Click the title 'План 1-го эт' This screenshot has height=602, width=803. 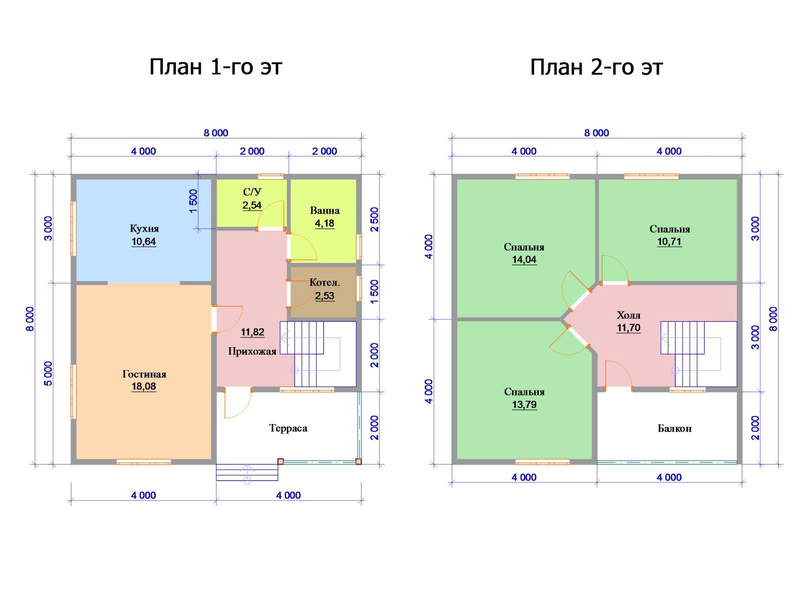pyautogui.click(x=216, y=67)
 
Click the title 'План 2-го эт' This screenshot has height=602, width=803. pyautogui.click(x=596, y=67)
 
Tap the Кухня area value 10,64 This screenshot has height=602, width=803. pyautogui.click(x=144, y=241)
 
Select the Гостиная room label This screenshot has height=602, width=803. pyautogui.click(x=144, y=374)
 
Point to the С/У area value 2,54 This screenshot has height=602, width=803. pyautogui.click(x=252, y=205)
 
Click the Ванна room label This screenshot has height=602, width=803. pyautogui.click(x=325, y=210)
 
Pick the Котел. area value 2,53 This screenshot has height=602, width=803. pyautogui.click(x=325, y=296)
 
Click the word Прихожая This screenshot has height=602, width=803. pyautogui.click(x=252, y=351)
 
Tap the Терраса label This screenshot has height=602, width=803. pyautogui.click(x=288, y=428)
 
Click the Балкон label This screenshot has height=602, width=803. pyautogui.click(x=674, y=428)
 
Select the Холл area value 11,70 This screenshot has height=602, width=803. pyautogui.click(x=629, y=328)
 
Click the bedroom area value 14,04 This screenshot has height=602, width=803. pyautogui.click(x=524, y=259)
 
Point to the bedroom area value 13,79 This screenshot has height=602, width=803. pyautogui.click(x=524, y=404)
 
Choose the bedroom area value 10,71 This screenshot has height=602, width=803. pyautogui.click(x=669, y=241)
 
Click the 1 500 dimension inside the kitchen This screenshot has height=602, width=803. pyautogui.click(x=193, y=201)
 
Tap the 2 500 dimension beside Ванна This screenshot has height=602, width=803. pyautogui.click(x=374, y=219)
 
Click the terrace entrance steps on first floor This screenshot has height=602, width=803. pyautogui.click(x=247, y=472)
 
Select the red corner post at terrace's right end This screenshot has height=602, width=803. pyautogui.click(x=358, y=462)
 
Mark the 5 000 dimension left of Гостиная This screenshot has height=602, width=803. pyautogui.click(x=48, y=374)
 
